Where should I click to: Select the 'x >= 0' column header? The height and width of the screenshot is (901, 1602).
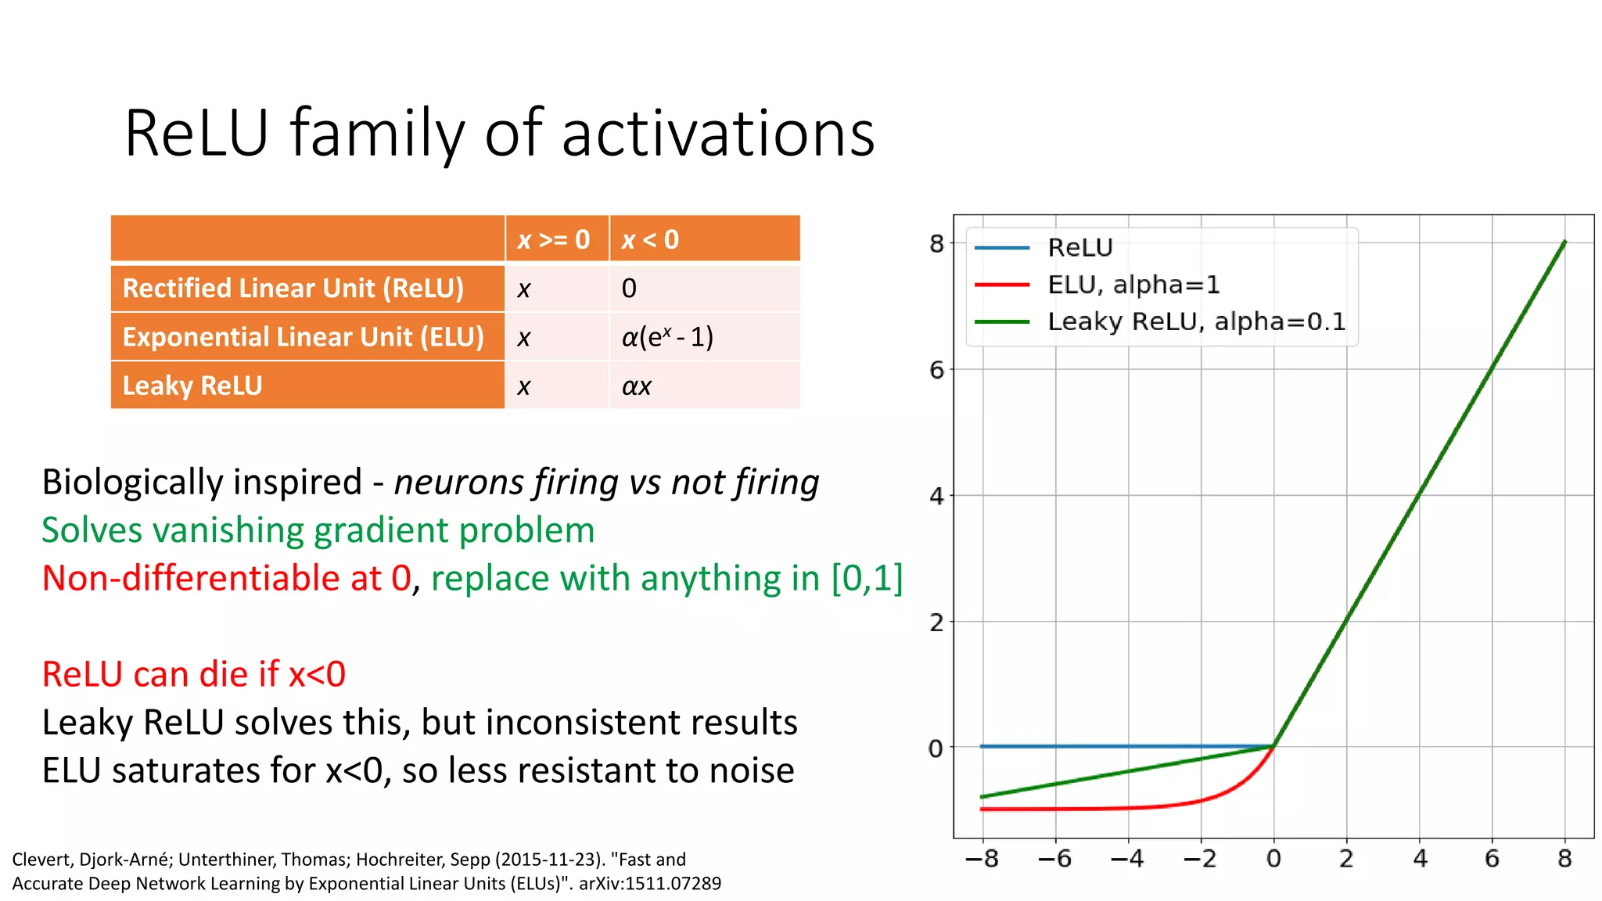[x=554, y=239]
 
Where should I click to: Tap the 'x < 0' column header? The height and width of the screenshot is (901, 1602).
[x=650, y=239]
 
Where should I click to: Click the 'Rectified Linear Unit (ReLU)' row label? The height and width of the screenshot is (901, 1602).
[x=293, y=289]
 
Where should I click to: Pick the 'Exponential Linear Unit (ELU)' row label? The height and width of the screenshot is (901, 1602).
[x=304, y=337]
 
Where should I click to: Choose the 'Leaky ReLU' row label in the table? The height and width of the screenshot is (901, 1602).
[x=192, y=386]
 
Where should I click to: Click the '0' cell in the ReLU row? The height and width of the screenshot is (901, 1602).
[x=629, y=289]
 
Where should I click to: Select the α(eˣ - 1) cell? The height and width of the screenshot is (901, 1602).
[x=667, y=337]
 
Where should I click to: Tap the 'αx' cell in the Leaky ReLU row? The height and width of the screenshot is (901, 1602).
[x=636, y=386]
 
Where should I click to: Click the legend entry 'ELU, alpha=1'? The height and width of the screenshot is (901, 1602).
[x=1133, y=285]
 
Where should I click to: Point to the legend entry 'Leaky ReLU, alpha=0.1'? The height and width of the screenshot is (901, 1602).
[x=1196, y=321]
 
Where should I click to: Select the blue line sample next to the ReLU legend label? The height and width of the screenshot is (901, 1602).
[x=1002, y=248]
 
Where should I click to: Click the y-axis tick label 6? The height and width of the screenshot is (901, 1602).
[x=936, y=370]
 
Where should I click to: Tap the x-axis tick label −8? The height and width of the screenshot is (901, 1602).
[x=982, y=859]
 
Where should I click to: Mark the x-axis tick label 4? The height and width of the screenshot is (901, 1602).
[x=1420, y=859]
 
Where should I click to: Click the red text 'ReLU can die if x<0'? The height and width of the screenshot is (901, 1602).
[x=194, y=674]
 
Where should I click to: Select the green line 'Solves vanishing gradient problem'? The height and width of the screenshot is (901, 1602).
[x=318, y=530]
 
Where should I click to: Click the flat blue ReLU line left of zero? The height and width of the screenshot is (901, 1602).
[x=1126, y=746]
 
